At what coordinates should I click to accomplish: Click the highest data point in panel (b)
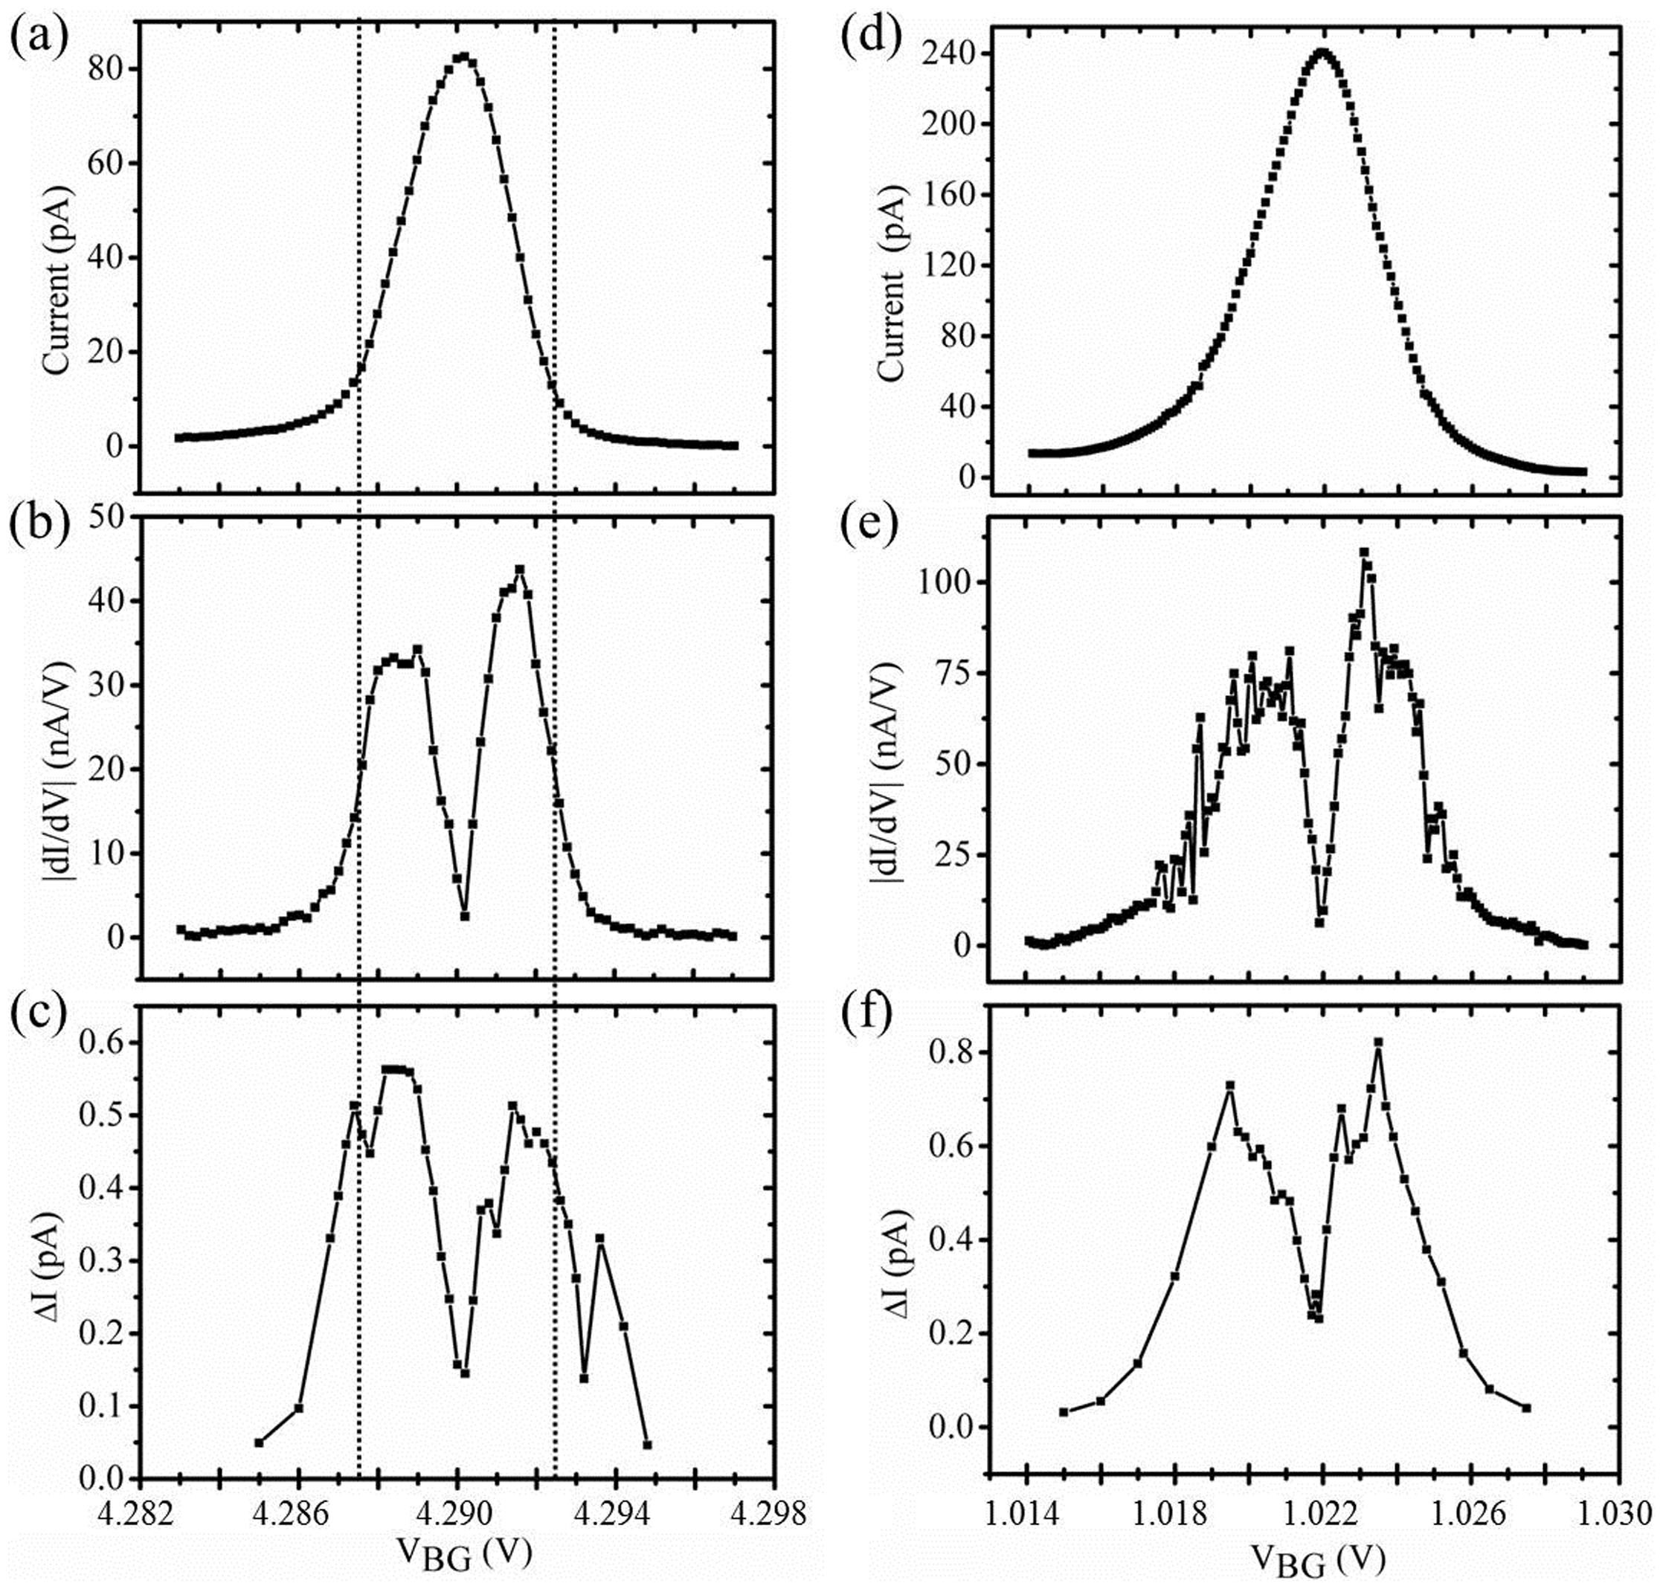tap(519, 570)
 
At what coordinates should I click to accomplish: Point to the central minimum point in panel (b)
tap(464, 915)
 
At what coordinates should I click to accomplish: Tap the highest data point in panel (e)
tap(1364, 552)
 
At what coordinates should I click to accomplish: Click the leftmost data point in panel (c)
tap(260, 1443)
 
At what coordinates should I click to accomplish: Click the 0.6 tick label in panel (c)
tap(103, 1042)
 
